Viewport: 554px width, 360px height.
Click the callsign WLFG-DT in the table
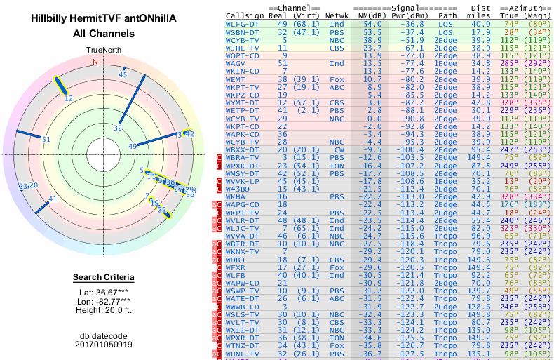242,24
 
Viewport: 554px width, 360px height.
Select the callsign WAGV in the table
236,63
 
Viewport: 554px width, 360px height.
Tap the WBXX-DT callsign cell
242,149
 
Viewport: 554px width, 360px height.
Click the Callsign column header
241,14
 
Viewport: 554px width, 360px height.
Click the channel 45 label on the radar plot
123,74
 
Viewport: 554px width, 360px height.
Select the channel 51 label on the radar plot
46,140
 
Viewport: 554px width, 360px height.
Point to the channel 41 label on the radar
53,199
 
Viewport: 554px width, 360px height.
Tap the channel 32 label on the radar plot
118,128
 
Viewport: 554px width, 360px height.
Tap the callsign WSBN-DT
242,32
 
